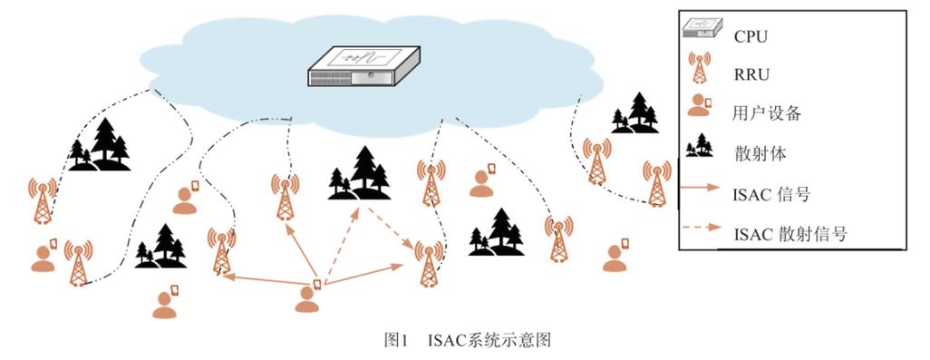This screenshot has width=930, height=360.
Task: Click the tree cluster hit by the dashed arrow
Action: [359, 174]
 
